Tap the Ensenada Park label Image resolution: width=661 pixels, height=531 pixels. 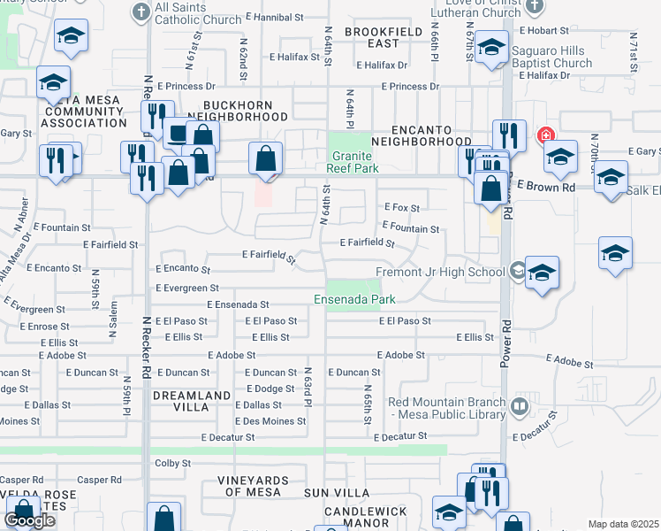pyautogui.click(x=355, y=300)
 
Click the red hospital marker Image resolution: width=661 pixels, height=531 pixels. pyautogui.click(x=545, y=137)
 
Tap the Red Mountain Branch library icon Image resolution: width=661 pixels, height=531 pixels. pyautogui.click(x=520, y=406)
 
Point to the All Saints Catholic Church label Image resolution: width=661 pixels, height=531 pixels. pyautogui.click(x=198, y=13)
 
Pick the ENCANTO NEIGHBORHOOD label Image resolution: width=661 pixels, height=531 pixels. pyautogui.click(x=422, y=134)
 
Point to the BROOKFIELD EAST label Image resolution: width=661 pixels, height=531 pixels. pyautogui.click(x=373, y=37)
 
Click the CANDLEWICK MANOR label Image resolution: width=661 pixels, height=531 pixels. pyautogui.click(x=369, y=519)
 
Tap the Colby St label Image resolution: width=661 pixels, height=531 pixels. pyautogui.click(x=173, y=463)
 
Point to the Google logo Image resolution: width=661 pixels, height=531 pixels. pyautogui.click(x=30, y=520)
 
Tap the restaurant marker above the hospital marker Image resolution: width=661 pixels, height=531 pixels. pyautogui.click(x=509, y=135)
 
